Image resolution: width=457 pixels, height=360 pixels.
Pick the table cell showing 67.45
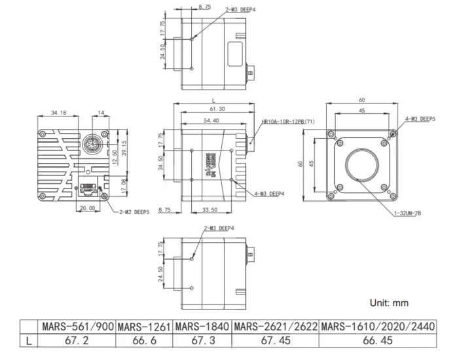(275, 340)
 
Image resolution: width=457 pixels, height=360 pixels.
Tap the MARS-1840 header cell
(202, 326)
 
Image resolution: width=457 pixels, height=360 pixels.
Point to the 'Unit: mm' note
(389, 303)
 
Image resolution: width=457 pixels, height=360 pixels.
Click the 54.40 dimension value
(211, 120)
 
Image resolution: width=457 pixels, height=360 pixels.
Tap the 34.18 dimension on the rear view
(59, 113)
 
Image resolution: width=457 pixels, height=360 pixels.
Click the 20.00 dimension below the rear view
(87, 209)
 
